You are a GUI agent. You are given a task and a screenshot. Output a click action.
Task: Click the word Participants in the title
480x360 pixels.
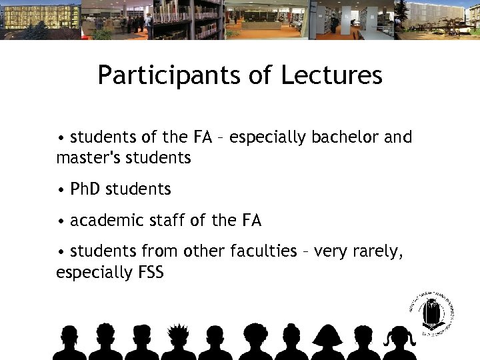click(x=167, y=75)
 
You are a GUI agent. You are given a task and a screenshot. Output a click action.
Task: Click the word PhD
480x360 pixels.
click(x=83, y=189)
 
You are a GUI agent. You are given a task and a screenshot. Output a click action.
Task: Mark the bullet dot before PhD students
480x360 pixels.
click(x=61, y=190)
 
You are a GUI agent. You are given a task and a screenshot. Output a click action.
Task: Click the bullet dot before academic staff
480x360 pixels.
click(x=61, y=221)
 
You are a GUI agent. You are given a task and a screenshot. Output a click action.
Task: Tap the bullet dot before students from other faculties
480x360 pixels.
click(x=61, y=251)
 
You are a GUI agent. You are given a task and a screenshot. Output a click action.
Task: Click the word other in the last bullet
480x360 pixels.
click(x=205, y=251)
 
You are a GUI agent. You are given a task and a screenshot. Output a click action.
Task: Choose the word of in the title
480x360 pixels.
click(x=257, y=75)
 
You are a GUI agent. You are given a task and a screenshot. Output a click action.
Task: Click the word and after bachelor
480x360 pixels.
click(x=399, y=137)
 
